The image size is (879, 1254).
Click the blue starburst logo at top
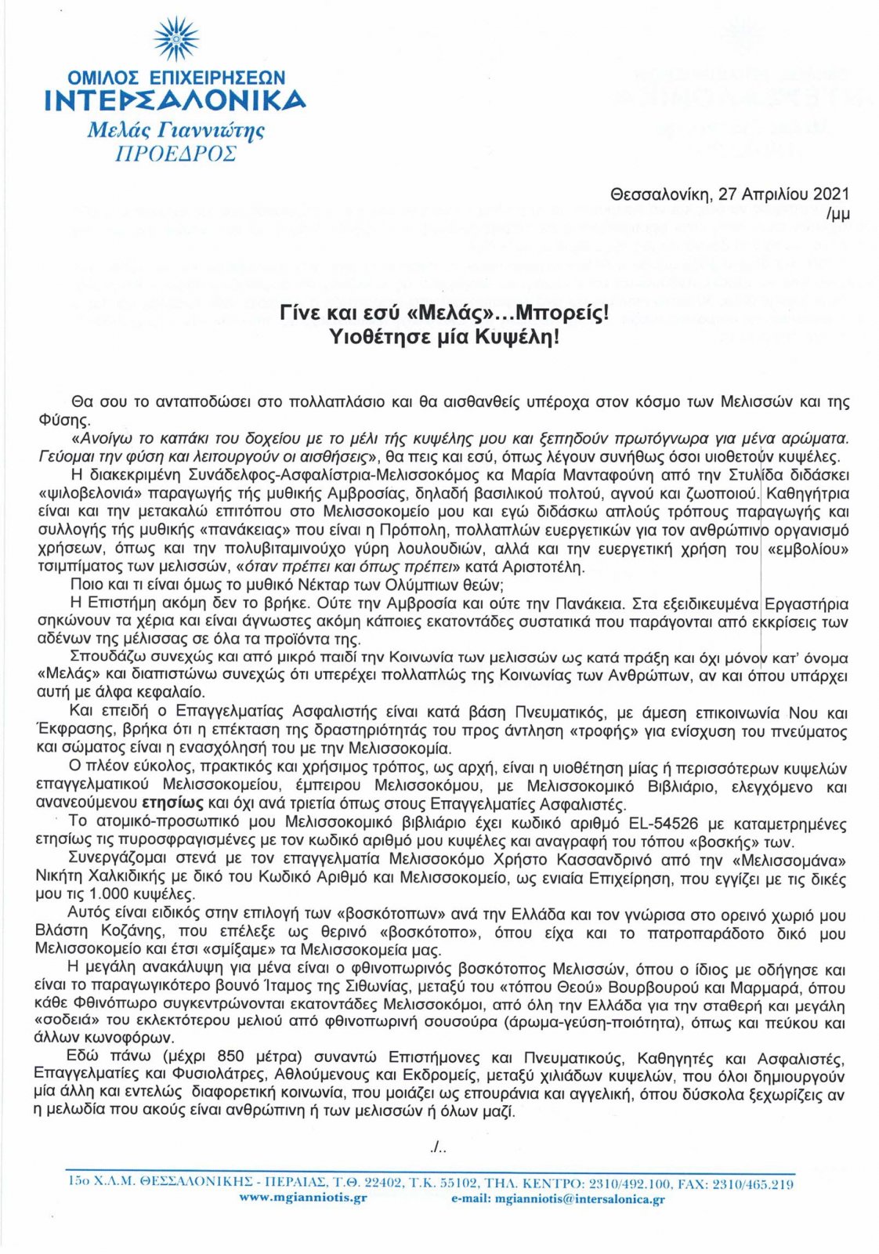pos(175,40)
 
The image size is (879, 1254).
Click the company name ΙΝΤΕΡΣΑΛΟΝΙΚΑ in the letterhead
pos(175,100)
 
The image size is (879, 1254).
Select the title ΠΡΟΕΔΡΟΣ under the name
pos(175,153)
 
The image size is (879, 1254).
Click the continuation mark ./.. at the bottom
pos(439,1147)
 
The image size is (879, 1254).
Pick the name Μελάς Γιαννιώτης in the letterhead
pos(175,129)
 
